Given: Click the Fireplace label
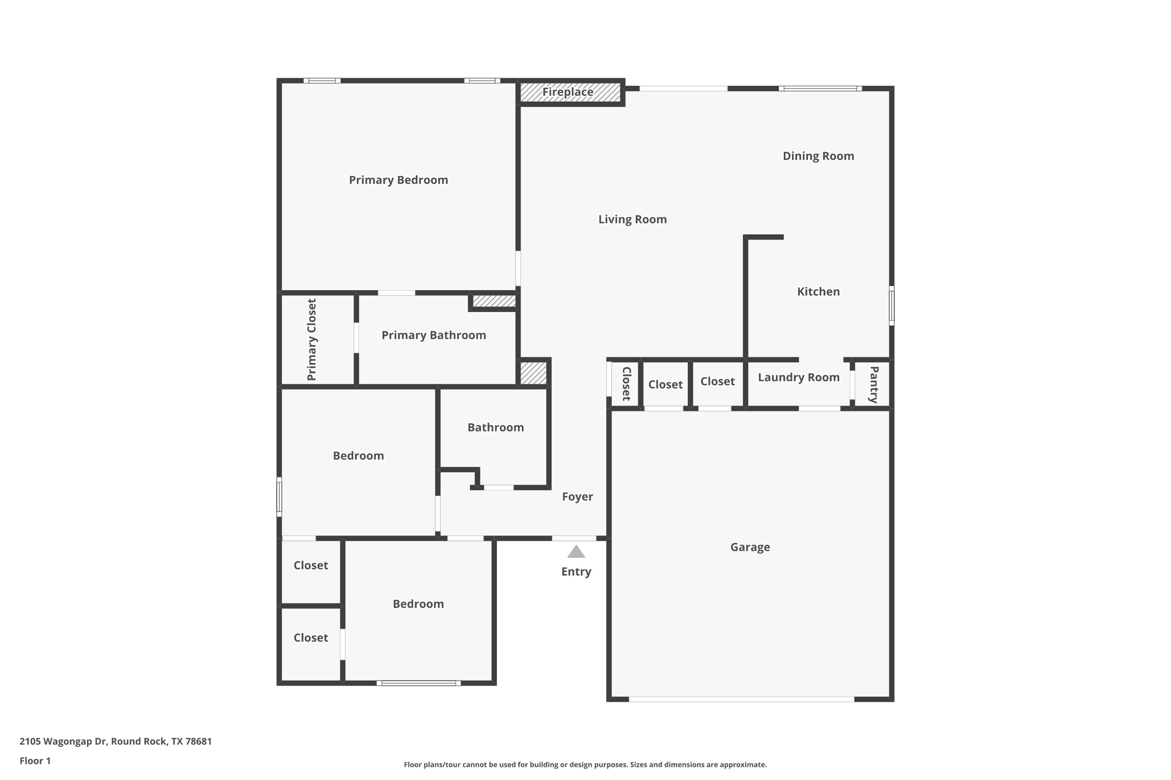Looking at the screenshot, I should [x=568, y=92].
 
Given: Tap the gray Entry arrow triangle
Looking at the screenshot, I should [x=576, y=552].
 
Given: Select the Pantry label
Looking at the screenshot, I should [x=874, y=385].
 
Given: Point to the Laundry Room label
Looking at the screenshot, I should [x=798, y=377].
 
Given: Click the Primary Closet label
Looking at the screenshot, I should [x=312, y=339].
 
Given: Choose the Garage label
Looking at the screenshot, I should [x=750, y=547].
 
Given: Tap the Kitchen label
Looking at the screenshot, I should [x=818, y=291].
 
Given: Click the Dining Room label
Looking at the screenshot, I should [x=818, y=156].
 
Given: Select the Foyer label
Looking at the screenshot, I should [x=577, y=497].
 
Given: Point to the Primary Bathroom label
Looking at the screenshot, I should [x=433, y=335].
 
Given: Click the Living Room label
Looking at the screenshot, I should [x=632, y=219].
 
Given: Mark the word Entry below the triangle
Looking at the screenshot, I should [x=576, y=571].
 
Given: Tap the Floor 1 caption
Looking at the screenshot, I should [x=35, y=761].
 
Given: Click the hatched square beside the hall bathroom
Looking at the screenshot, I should [x=533, y=373].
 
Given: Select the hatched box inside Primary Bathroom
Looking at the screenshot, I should [x=494, y=301].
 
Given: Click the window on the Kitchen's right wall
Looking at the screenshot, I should [x=891, y=306].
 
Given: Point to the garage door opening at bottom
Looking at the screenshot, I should [x=741, y=699].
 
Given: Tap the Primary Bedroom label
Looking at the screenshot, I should [x=398, y=180].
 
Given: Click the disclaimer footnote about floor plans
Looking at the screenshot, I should [x=585, y=765].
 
